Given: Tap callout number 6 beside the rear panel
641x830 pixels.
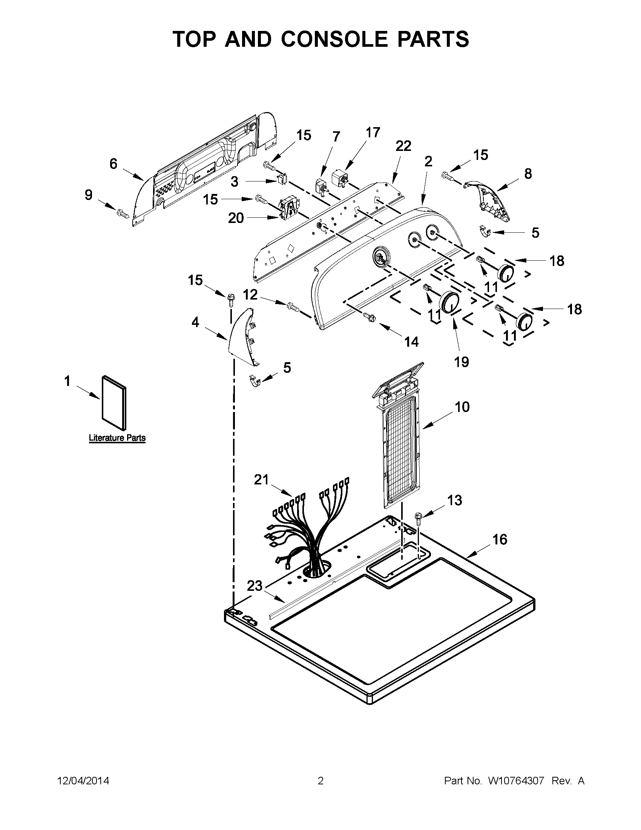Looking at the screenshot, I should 113,164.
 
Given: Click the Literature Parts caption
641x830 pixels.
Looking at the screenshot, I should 117,438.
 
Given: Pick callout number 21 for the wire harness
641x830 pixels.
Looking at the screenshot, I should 261,480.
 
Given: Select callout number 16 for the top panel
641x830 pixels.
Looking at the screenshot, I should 500,539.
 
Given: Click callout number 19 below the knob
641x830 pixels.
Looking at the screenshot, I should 462,362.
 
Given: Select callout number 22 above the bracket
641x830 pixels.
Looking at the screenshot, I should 403,146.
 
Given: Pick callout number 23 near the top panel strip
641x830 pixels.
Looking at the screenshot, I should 255,586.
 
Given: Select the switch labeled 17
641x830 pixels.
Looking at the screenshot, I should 340,178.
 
